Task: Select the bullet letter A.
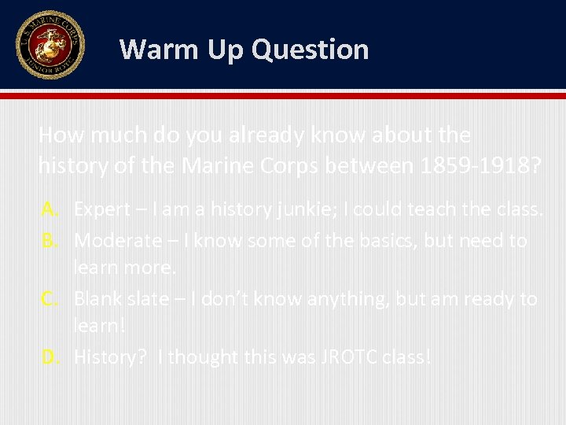(x=50, y=210)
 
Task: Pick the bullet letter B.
(x=50, y=240)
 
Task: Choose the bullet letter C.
(x=50, y=299)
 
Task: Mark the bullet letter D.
(x=50, y=357)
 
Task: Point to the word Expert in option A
(x=103, y=210)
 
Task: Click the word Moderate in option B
(x=119, y=240)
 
